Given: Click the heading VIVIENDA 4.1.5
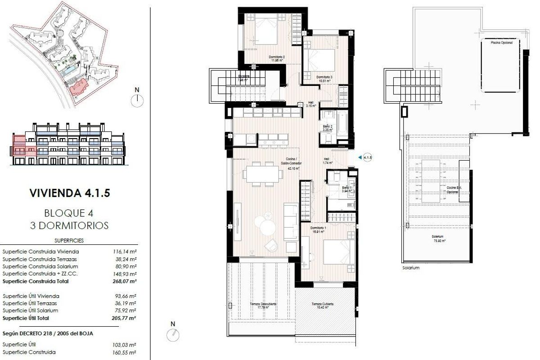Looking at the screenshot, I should coord(69,193).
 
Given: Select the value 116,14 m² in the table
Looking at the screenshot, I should coord(125,252).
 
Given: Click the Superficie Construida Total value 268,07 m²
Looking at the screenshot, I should coord(125,281).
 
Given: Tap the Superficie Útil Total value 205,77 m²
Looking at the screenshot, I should coord(125,318).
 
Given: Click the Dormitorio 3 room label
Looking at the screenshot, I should coord(324,78).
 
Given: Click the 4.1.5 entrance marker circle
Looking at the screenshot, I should coord(368,157).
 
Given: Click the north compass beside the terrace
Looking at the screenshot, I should coord(173,333).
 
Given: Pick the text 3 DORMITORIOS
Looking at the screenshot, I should coord(69,225).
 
